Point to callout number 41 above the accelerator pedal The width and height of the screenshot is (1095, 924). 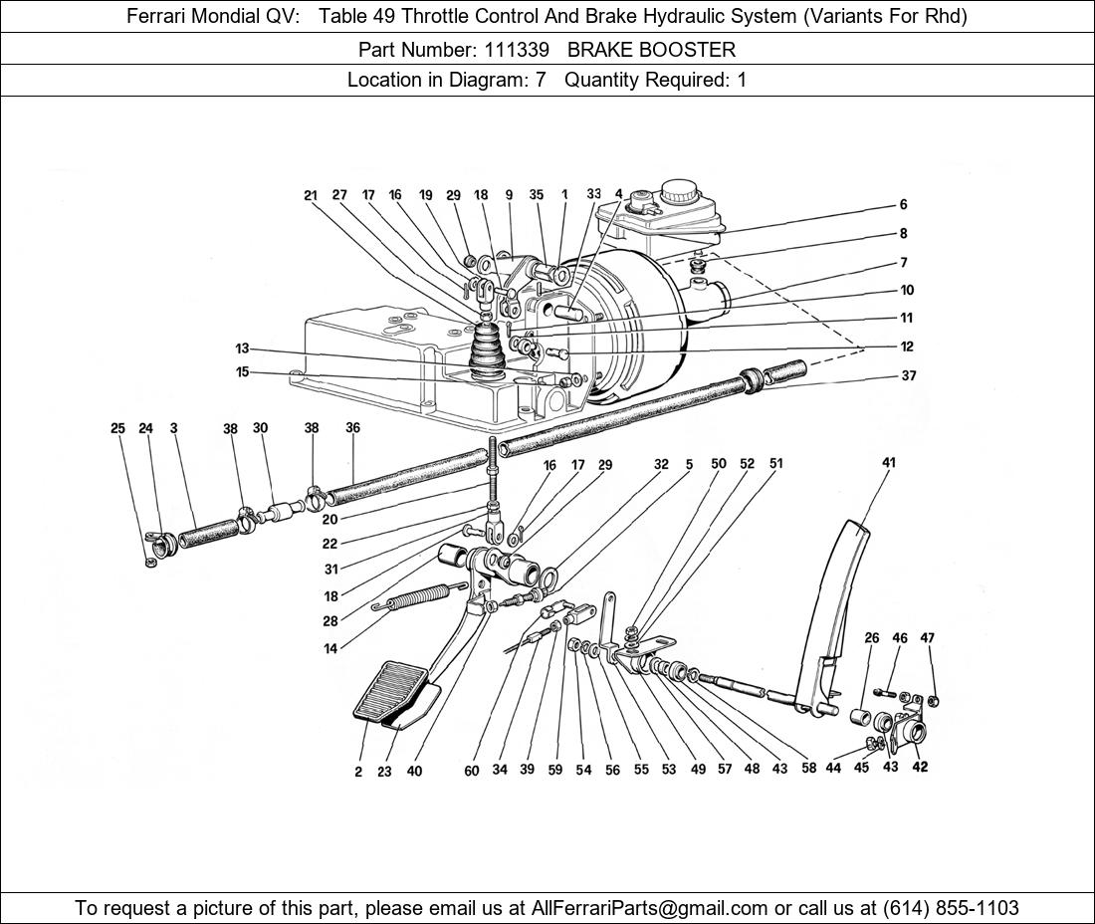click(889, 462)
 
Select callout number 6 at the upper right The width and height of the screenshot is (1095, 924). click(903, 204)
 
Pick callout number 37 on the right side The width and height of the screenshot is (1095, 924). click(908, 375)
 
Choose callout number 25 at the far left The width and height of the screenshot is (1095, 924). click(117, 428)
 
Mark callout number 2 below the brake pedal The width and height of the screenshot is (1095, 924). click(358, 772)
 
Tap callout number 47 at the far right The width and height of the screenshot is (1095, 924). click(927, 637)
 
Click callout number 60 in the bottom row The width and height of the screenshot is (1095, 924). click(472, 770)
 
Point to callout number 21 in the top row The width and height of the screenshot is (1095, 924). click(311, 195)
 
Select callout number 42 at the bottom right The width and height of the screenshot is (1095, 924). click(920, 767)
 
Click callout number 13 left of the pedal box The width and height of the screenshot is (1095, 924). click(242, 348)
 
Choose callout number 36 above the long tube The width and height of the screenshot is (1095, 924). click(352, 428)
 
